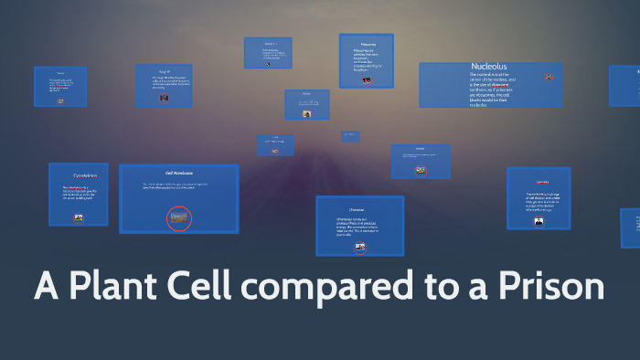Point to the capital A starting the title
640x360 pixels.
point(48,285)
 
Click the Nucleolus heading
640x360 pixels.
point(489,67)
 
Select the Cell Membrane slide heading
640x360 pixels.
point(178,173)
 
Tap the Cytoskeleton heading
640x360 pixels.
point(79,175)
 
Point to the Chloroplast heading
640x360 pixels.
point(359,208)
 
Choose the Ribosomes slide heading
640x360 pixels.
point(367,43)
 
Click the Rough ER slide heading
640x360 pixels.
point(164,70)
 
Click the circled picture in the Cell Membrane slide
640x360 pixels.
point(179,217)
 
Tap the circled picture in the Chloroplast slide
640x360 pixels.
point(360,247)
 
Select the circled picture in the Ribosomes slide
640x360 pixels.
point(367,80)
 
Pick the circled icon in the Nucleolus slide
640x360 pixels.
point(549,79)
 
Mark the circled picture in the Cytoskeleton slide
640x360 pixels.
point(79,217)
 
